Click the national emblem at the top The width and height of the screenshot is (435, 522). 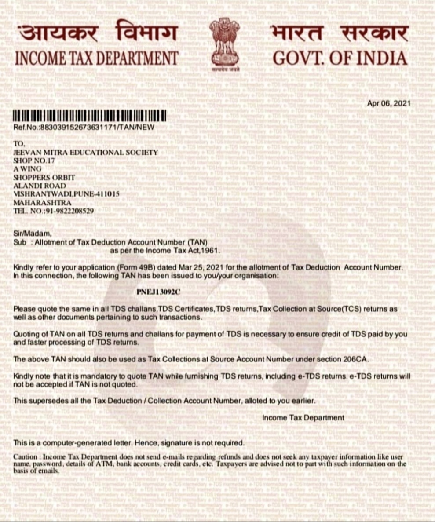(224, 43)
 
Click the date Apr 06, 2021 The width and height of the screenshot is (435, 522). (389, 103)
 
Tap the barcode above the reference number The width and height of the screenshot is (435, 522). (90, 117)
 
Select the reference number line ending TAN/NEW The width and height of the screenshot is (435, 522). (84, 127)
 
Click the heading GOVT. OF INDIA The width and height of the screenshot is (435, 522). (340, 58)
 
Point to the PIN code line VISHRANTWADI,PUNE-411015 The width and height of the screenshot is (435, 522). (66, 193)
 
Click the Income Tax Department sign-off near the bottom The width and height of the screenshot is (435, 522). (303, 418)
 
